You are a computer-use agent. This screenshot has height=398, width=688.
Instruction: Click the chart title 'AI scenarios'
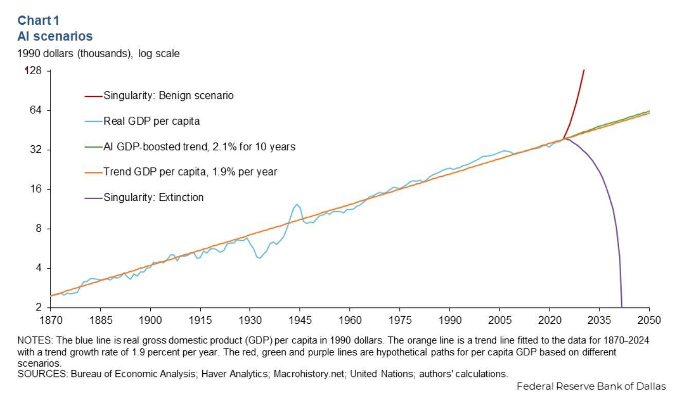(55, 36)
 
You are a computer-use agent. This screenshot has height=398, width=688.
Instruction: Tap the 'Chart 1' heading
(39, 20)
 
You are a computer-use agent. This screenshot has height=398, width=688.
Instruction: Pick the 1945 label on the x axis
(299, 320)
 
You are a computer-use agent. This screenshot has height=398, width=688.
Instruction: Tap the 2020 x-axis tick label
(549, 320)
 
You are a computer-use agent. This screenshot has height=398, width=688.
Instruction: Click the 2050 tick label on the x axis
(649, 320)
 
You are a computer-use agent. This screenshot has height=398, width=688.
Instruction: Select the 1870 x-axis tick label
(50, 320)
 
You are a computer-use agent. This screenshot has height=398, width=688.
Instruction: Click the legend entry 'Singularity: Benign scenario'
(168, 95)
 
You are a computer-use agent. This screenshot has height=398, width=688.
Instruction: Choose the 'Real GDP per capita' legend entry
(151, 121)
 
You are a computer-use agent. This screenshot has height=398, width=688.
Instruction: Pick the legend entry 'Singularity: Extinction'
(153, 197)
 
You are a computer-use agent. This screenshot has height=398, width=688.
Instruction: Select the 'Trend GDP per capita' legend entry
(190, 172)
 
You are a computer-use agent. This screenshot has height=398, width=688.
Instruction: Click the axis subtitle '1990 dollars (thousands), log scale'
(98, 53)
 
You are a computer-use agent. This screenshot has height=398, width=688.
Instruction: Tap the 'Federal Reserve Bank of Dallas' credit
(591, 386)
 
